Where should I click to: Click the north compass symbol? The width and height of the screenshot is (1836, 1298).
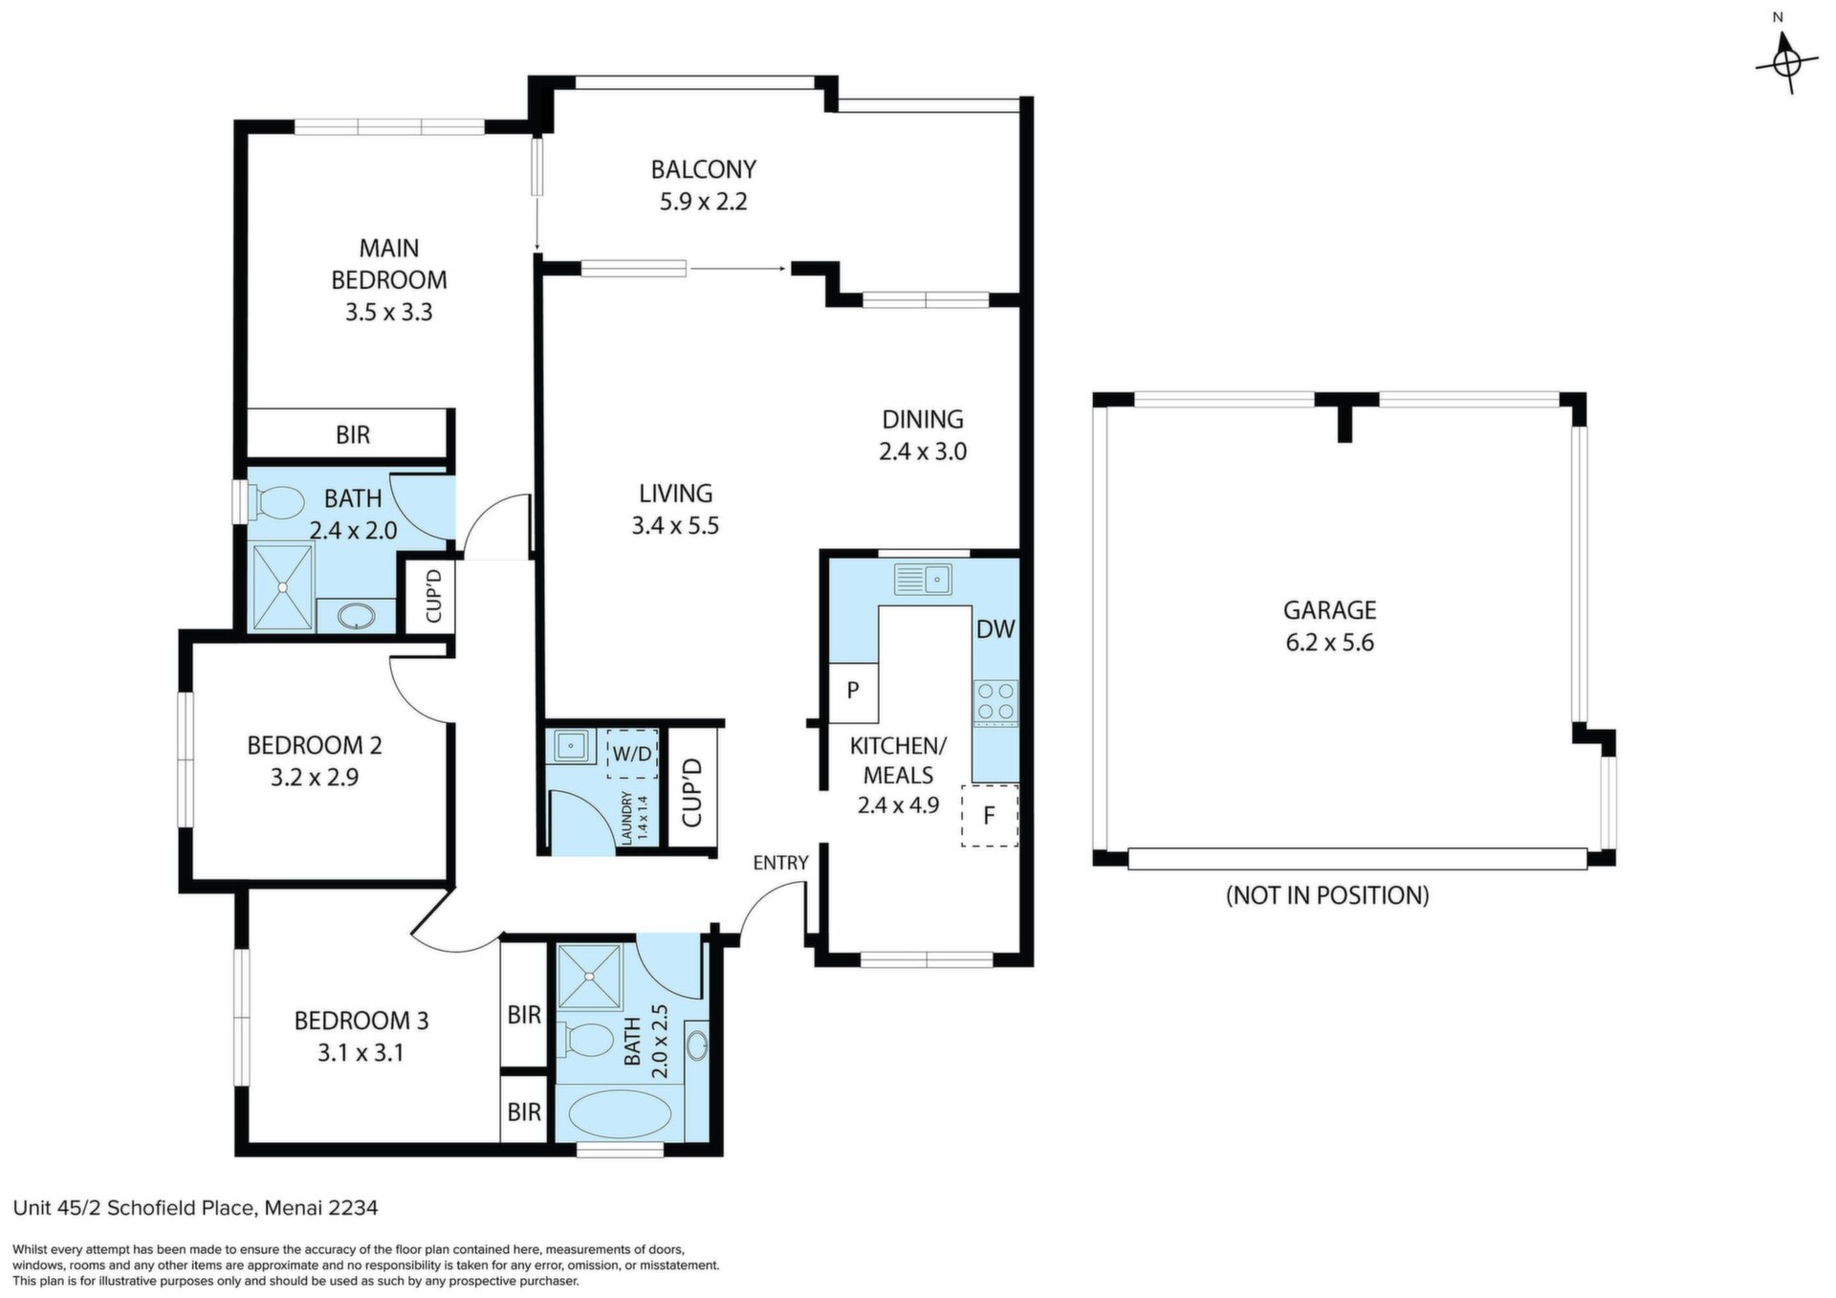(x=1784, y=63)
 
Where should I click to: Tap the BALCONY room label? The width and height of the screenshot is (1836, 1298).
(x=704, y=169)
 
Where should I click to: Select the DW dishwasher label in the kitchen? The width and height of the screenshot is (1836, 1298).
(x=995, y=629)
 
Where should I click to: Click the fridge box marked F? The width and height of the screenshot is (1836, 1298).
(x=990, y=815)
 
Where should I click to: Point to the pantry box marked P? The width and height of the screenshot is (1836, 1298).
(x=853, y=689)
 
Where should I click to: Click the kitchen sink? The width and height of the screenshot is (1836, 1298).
(x=923, y=579)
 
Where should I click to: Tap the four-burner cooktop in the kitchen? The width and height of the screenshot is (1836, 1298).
(x=995, y=700)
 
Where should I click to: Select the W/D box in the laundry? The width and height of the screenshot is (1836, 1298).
(x=631, y=754)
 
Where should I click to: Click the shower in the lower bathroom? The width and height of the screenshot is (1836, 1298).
(x=590, y=977)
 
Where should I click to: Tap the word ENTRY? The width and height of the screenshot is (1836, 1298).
(x=780, y=863)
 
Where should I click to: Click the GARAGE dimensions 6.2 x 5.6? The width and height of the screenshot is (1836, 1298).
(x=1330, y=642)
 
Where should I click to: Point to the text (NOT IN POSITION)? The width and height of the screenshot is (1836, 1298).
(x=1327, y=895)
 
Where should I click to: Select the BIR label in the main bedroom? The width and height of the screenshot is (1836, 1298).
(x=353, y=435)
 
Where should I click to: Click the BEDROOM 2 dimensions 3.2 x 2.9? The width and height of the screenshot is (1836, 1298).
(x=315, y=778)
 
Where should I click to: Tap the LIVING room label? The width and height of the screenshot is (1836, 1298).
(x=676, y=494)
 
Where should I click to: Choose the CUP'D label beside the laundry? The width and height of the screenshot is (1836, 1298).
(x=692, y=792)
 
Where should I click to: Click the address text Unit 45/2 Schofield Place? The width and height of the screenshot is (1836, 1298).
(x=133, y=1208)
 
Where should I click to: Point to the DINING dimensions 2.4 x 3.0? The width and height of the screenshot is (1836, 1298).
(x=923, y=451)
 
